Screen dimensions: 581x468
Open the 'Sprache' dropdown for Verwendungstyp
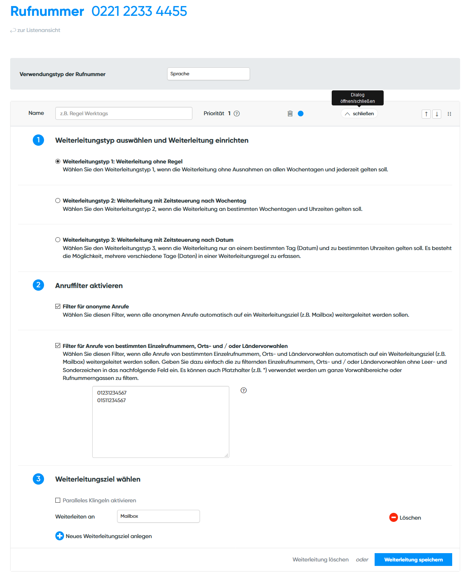(x=208, y=74)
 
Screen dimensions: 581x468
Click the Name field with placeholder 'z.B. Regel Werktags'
(x=123, y=113)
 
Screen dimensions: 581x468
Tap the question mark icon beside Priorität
(x=237, y=114)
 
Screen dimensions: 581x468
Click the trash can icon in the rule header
(x=290, y=114)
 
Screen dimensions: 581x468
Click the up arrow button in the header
(x=426, y=114)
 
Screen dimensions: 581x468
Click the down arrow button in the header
(x=437, y=114)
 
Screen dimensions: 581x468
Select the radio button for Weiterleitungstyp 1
(x=58, y=162)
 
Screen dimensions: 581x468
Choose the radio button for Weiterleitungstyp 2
(x=58, y=201)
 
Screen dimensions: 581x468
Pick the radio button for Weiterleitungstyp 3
(x=58, y=240)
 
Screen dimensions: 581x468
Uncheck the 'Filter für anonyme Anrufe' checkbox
(x=58, y=307)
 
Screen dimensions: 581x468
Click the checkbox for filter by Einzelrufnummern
(x=58, y=346)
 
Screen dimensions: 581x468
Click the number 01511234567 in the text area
(x=111, y=400)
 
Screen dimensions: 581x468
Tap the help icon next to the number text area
(x=244, y=390)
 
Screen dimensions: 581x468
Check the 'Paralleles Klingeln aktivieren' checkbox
(x=58, y=500)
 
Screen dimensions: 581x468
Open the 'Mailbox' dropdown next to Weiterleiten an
(x=158, y=516)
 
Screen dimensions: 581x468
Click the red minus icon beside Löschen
(x=393, y=518)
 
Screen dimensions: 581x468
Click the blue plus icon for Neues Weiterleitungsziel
(x=59, y=536)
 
